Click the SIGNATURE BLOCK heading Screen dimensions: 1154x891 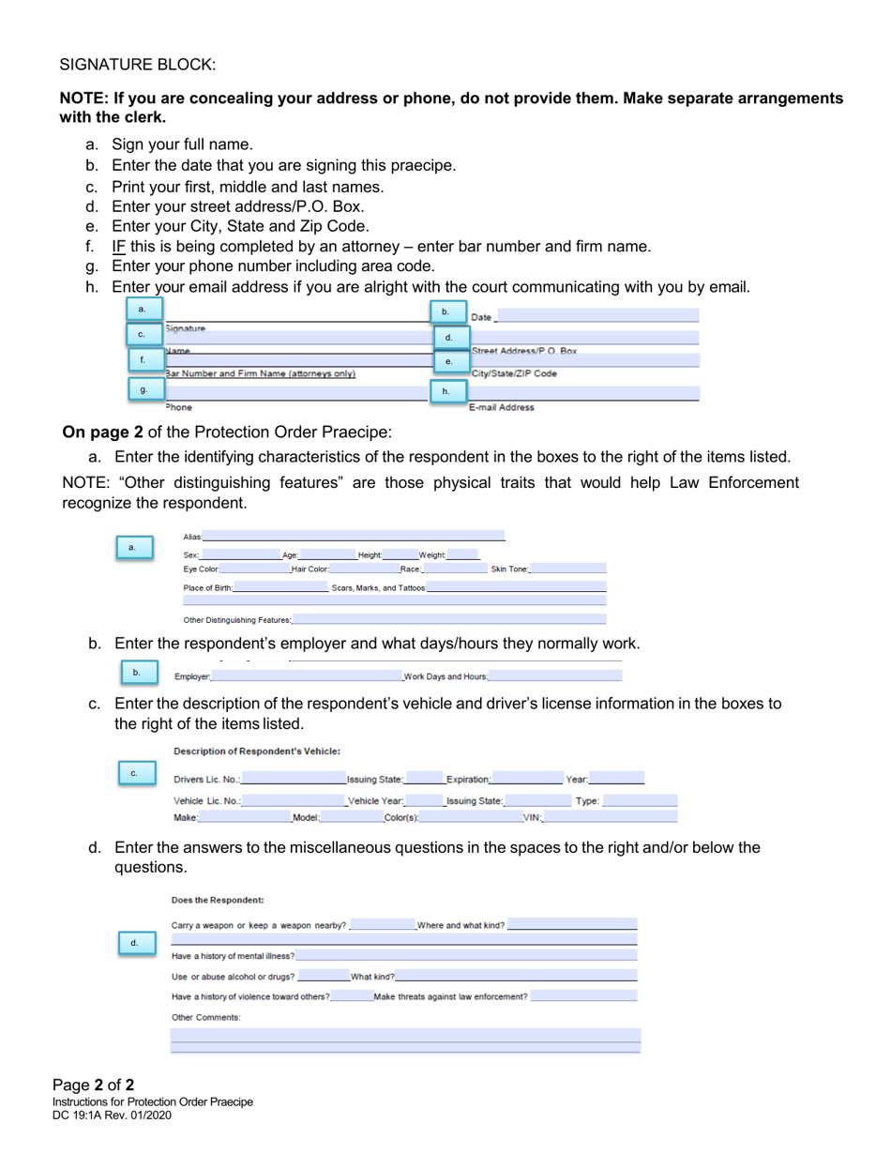[x=138, y=65]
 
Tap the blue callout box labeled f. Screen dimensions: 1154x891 [x=143, y=359]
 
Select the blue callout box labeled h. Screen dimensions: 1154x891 [x=446, y=391]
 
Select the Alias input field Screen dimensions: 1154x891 [x=354, y=536]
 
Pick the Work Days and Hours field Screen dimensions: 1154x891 [x=554, y=676]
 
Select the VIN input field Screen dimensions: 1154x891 [x=610, y=817]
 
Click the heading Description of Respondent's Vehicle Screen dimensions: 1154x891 [x=256, y=751]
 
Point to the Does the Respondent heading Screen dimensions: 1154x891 [x=218, y=900]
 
